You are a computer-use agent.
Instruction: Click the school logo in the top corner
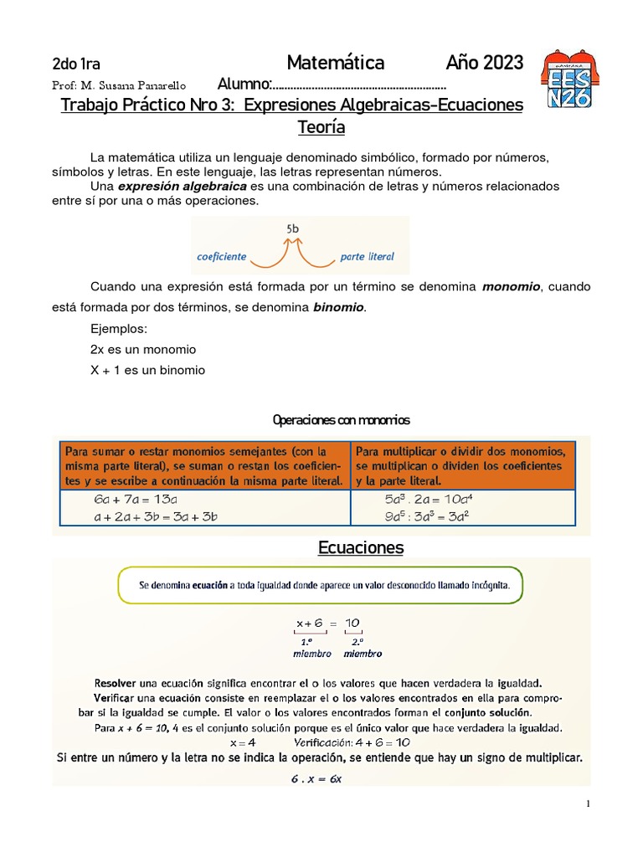point(573,79)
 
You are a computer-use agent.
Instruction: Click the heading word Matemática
point(335,63)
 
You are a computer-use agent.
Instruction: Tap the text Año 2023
point(484,63)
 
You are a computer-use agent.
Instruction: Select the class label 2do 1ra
point(76,64)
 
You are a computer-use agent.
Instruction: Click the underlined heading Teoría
point(321,128)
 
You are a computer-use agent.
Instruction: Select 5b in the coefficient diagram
point(293,228)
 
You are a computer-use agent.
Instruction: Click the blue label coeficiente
point(222,257)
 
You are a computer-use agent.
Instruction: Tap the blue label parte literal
point(367,257)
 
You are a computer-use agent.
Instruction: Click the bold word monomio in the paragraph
point(512,287)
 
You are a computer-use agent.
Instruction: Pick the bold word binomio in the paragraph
point(338,308)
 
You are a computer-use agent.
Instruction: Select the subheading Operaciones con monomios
point(342,419)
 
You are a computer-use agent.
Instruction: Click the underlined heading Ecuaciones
point(361,548)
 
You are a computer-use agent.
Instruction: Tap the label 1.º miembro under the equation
point(311,647)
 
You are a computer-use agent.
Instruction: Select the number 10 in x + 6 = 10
point(352,623)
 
